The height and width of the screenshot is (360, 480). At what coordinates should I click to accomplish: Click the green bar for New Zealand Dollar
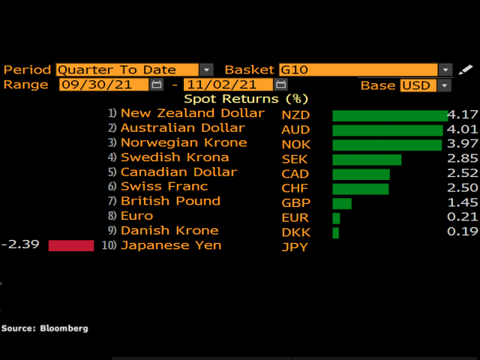(x=389, y=115)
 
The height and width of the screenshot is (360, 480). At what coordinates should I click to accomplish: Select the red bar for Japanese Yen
(x=71, y=246)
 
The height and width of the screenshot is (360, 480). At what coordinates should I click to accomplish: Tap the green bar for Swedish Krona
(x=367, y=159)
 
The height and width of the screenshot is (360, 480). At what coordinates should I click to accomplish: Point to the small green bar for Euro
(x=336, y=218)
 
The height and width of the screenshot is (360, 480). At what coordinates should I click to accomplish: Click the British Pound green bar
(x=342, y=203)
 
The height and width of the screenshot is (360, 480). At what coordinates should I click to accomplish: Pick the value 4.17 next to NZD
(x=462, y=115)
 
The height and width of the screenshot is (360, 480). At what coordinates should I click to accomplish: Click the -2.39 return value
(x=16, y=245)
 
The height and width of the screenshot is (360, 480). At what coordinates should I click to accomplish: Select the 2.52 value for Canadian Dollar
(x=462, y=173)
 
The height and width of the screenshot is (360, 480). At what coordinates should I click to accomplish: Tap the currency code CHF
(x=295, y=188)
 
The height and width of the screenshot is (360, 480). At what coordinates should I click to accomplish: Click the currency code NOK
(x=295, y=144)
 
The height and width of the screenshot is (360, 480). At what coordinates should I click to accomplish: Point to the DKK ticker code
(x=295, y=232)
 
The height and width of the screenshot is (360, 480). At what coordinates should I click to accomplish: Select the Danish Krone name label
(x=169, y=230)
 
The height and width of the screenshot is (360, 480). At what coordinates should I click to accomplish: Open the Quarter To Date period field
(x=127, y=70)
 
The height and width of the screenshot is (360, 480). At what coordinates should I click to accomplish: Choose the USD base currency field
(x=418, y=85)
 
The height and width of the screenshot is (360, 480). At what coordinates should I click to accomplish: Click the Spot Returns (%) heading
(x=246, y=99)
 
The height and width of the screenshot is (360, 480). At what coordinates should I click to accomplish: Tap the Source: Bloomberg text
(x=44, y=328)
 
